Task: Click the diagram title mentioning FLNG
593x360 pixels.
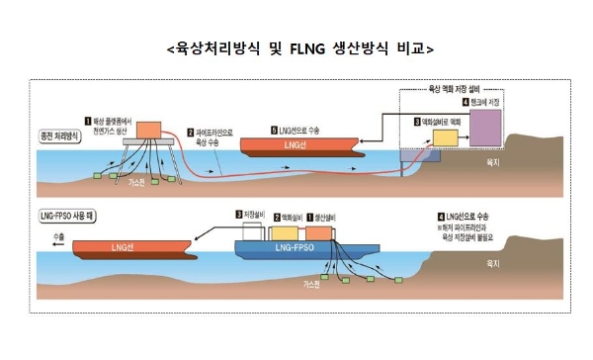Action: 296,46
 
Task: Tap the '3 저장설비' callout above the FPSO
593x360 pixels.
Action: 251,214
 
